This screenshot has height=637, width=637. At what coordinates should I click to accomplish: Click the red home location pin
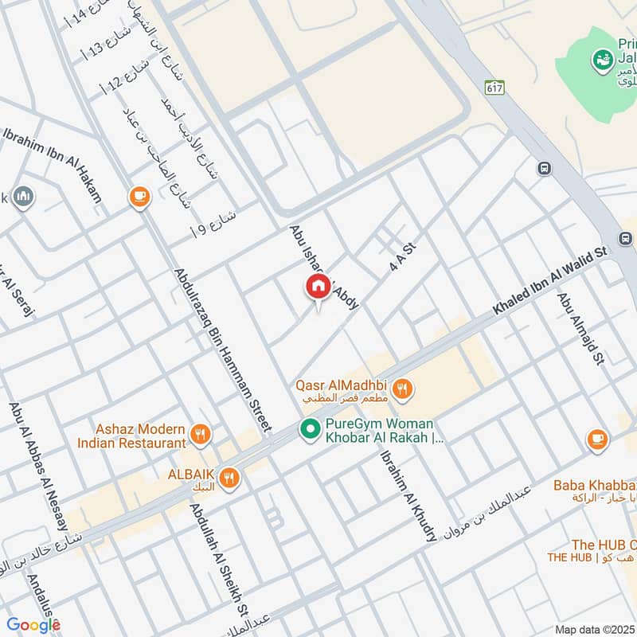coord(318,287)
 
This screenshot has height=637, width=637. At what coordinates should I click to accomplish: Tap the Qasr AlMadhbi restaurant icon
coord(404,389)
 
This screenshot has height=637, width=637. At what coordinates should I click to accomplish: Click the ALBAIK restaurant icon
coord(230,477)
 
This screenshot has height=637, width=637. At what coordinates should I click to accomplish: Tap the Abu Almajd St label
coord(580,326)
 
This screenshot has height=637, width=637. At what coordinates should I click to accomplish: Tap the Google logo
coord(33,625)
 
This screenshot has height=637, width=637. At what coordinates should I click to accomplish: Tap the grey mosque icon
coord(23,197)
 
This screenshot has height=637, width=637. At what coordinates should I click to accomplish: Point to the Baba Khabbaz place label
coord(595,485)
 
